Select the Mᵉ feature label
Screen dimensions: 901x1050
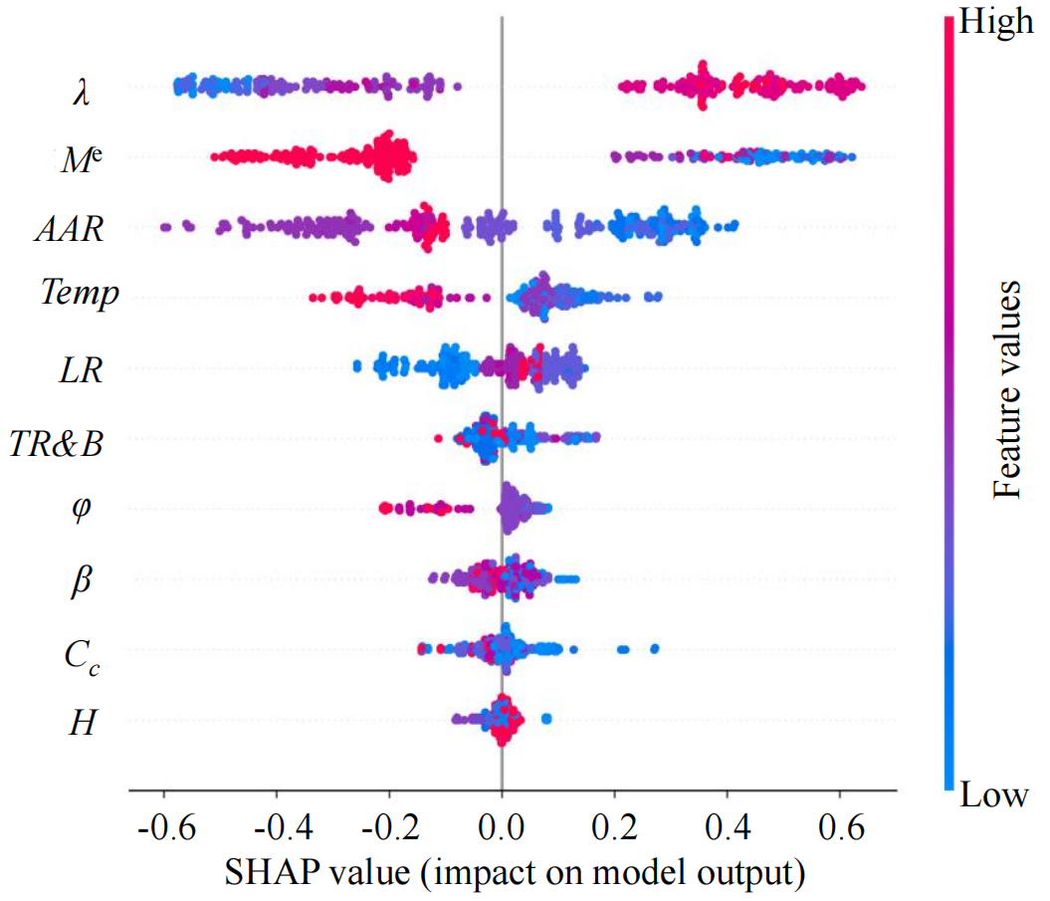[83, 160]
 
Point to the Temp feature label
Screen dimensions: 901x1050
[80, 294]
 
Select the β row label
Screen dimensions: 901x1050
[81, 579]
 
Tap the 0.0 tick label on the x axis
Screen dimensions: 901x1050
[503, 826]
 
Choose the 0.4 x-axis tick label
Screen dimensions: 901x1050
[728, 826]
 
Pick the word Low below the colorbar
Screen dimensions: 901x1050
[992, 795]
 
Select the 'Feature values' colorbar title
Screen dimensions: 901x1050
[1010, 388]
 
